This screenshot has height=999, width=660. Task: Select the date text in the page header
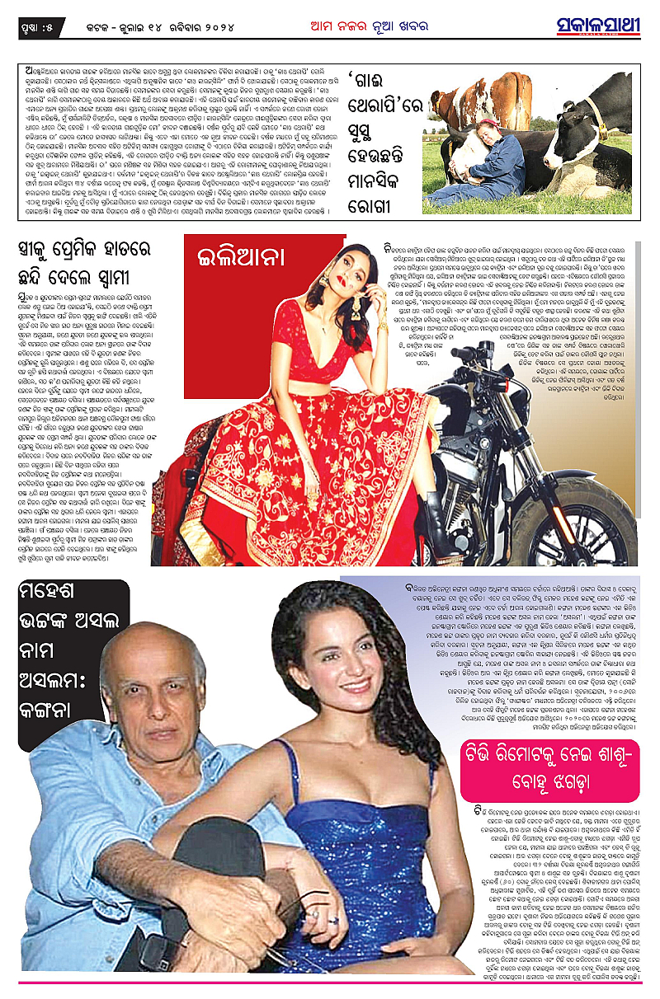click(x=165, y=26)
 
